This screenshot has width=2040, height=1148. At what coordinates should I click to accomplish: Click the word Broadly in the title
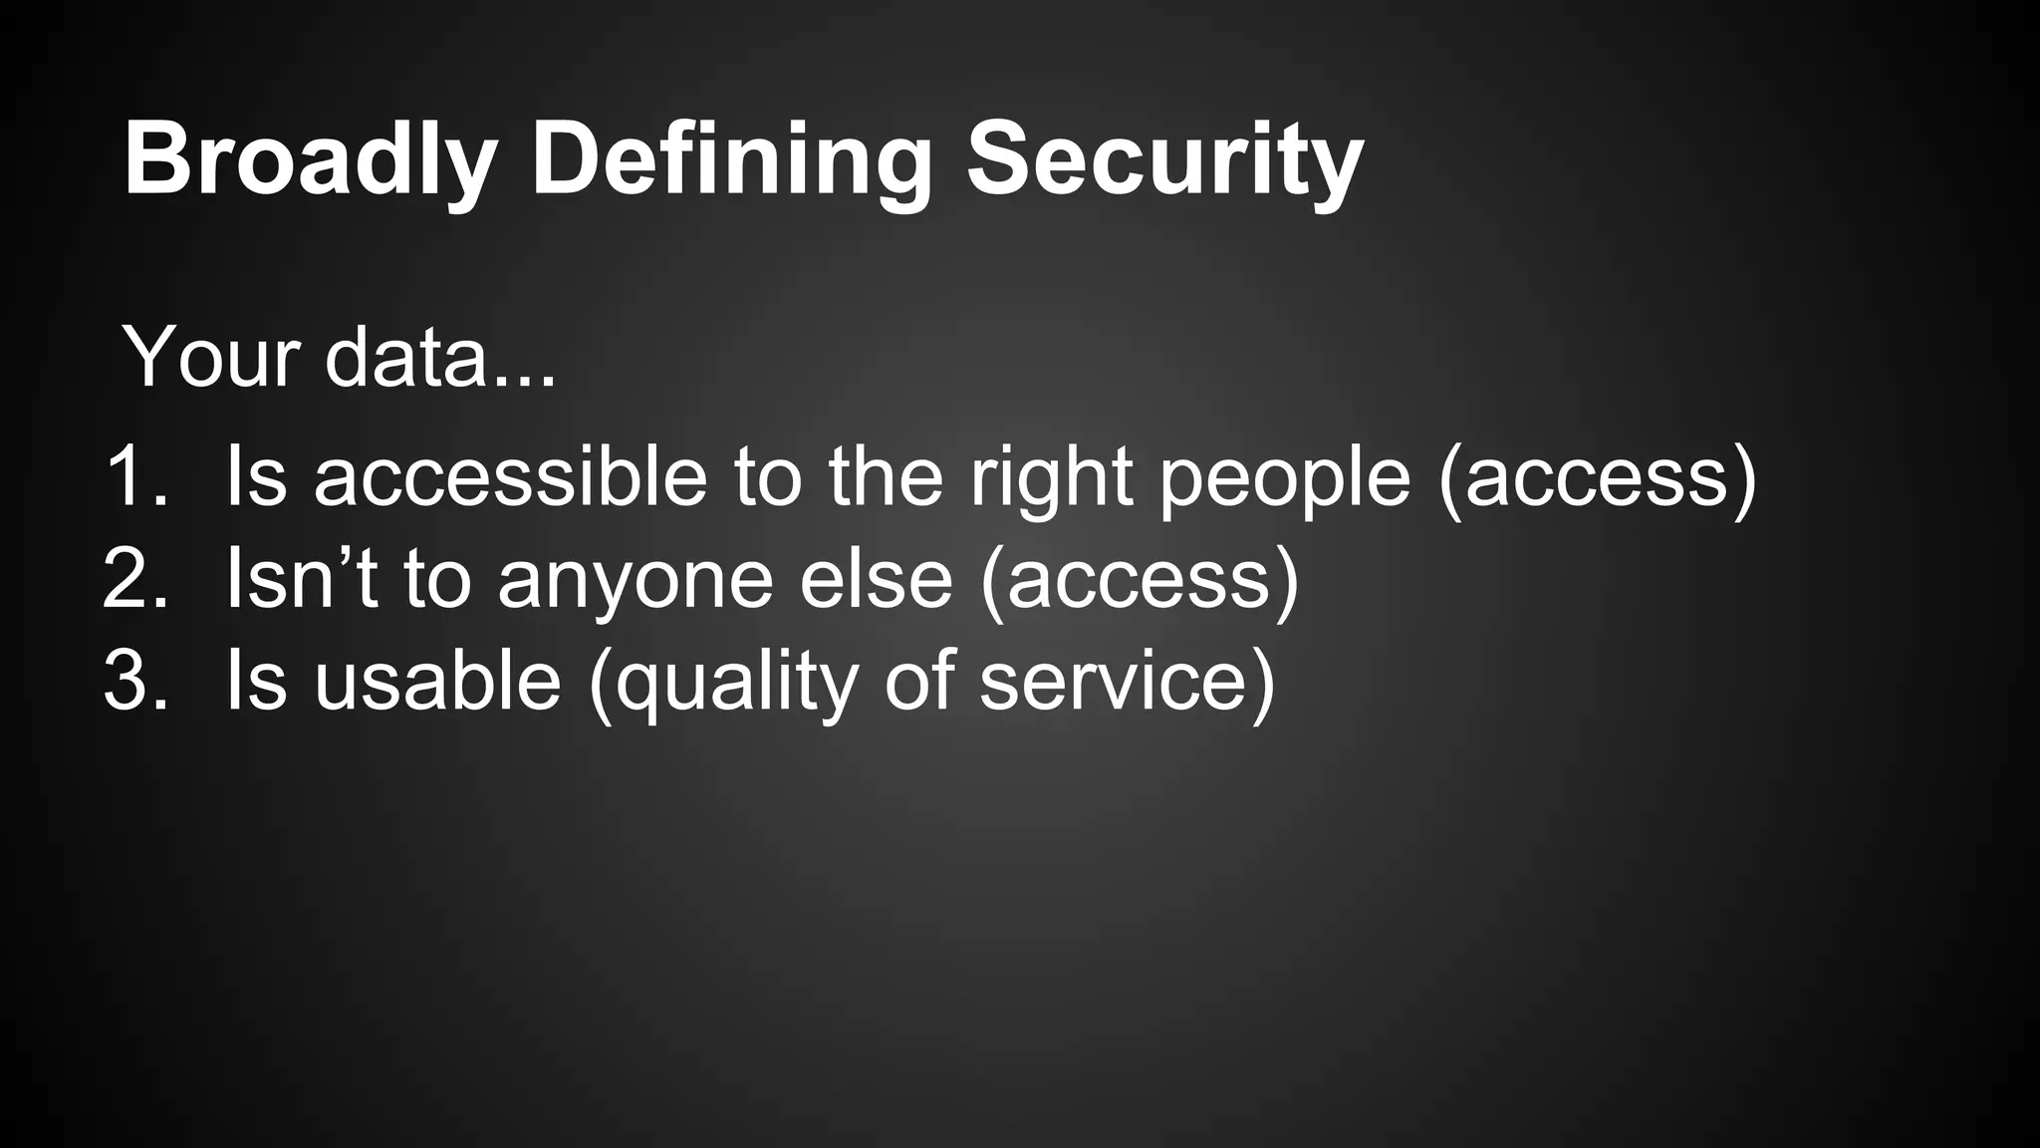tap(310, 159)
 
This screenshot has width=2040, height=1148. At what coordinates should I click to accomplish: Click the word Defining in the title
tap(731, 159)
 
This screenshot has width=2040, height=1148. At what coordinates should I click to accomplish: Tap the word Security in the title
tap(1164, 159)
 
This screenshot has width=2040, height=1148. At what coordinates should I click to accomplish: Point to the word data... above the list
tap(440, 357)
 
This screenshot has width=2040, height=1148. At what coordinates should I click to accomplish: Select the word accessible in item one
tap(510, 476)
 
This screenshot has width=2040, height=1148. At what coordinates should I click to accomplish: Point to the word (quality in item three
tap(723, 684)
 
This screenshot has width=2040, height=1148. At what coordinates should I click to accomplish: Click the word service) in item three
tap(1127, 682)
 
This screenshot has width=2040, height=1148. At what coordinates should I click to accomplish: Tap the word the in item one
tap(886, 476)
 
